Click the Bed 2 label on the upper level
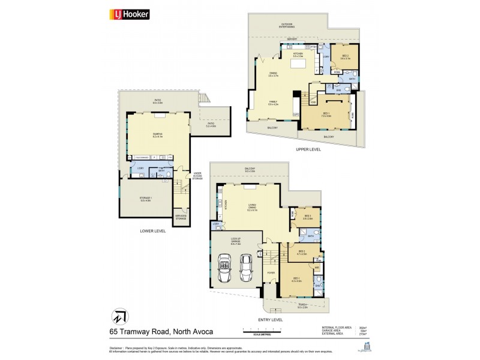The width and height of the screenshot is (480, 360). coord(345,57)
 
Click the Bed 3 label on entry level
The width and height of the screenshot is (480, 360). coord(307,217)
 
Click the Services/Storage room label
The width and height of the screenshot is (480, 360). coord(181,217)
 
